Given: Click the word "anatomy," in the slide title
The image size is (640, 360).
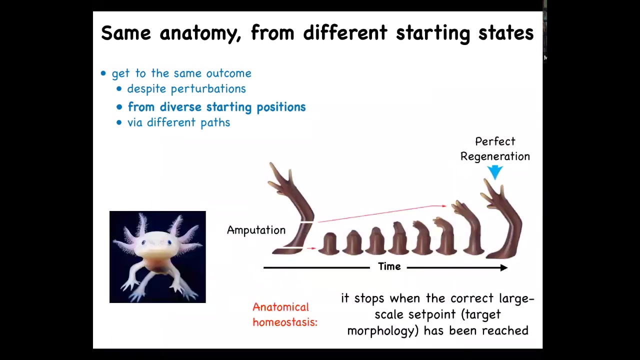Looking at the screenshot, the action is (x=200, y=33).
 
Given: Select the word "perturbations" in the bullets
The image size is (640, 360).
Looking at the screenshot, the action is (x=208, y=89).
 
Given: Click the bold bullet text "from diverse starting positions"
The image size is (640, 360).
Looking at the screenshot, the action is (x=216, y=107).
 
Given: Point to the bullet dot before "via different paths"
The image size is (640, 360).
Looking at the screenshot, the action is (x=119, y=123).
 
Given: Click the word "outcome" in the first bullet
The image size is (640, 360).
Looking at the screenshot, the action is (x=229, y=73).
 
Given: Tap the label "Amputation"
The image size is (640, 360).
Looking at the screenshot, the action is (x=256, y=230).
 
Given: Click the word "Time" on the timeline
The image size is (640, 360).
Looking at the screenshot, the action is (x=389, y=266).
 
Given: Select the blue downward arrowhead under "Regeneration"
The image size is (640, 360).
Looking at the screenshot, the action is (x=495, y=172).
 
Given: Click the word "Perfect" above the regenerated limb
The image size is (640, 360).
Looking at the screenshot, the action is (x=495, y=141).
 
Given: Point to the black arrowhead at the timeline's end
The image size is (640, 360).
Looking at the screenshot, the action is (x=503, y=267).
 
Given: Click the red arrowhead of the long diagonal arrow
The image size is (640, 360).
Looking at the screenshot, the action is (x=443, y=205).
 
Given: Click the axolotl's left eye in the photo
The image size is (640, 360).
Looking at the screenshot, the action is (x=143, y=242).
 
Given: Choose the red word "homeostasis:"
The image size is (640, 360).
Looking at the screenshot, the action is (x=285, y=322).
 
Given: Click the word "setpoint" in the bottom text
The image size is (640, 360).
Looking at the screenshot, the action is (x=431, y=314).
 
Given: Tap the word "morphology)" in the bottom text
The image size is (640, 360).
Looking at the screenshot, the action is (x=383, y=331).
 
